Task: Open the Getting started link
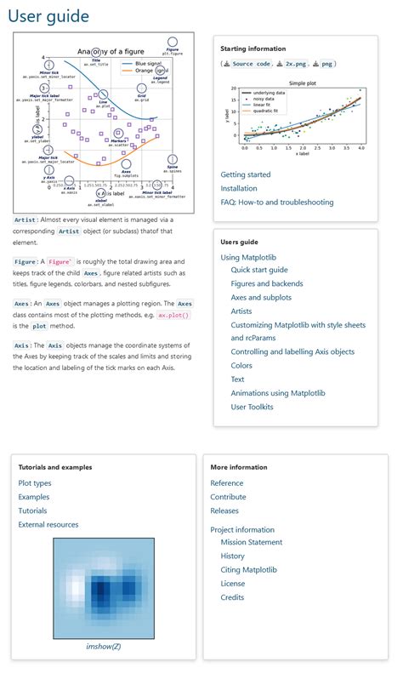pos(246,174)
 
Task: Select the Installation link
pos(238,188)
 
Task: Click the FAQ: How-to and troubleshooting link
pos(276,203)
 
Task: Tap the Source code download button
pos(248,64)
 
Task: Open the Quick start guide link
pos(259,270)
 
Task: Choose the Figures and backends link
pos(268,283)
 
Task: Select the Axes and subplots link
pos(261,298)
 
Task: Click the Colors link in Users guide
pos(241,366)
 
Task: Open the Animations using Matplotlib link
pos(278,393)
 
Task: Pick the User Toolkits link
pos(252,407)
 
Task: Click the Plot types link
pos(35,483)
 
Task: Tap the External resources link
pos(48,524)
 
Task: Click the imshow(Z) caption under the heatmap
pos(104,647)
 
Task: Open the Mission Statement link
pos(251,542)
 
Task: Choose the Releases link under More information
pos(224,511)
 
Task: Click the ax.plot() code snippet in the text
pos(173,315)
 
